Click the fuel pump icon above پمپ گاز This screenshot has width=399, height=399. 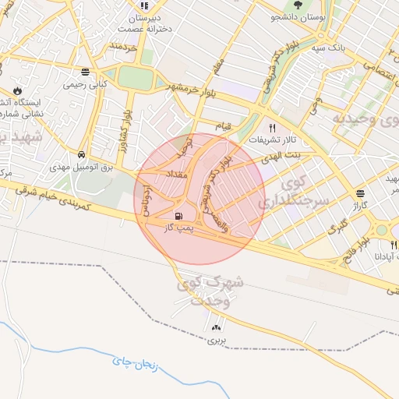point(180,216)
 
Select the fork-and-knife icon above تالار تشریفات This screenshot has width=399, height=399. point(273,127)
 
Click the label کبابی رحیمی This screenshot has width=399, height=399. point(84,83)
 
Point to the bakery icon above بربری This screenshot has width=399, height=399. point(216,329)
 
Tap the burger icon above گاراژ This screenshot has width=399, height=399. point(360,193)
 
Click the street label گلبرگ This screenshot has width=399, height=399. point(337,229)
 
